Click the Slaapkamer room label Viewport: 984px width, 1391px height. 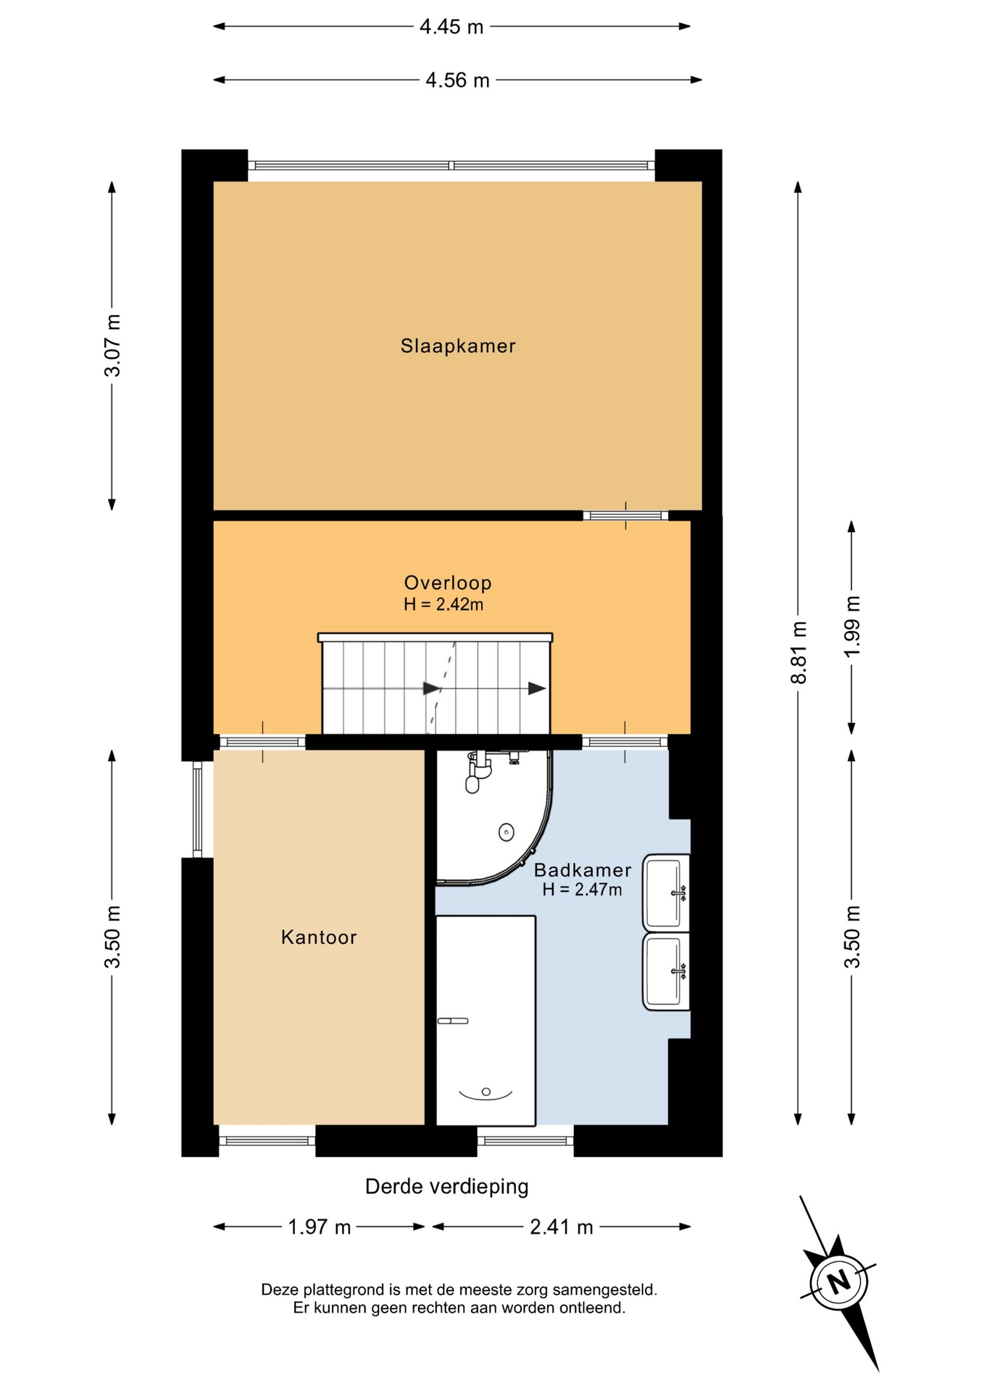(x=458, y=346)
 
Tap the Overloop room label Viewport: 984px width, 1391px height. (x=448, y=582)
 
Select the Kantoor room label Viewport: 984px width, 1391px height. (x=319, y=937)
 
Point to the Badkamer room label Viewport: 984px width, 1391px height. (x=583, y=869)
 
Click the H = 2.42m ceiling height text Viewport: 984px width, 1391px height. (x=443, y=604)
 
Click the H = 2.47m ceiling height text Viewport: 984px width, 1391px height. (x=583, y=890)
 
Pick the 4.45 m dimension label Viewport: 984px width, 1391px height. (x=451, y=27)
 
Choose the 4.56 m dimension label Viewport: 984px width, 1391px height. (x=457, y=80)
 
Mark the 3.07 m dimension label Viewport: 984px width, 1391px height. (x=112, y=346)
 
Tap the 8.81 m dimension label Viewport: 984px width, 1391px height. (x=799, y=653)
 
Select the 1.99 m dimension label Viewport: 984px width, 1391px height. (x=852, y=627)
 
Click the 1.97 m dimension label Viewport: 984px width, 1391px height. (x=320, y=1227)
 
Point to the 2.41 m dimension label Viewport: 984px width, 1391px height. (x=562, y=1227)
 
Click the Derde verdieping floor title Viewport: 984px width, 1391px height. (x=447, y=1187)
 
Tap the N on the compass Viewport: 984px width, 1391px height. (x=839, y=1282)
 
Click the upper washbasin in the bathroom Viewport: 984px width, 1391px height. (x=666, y=893)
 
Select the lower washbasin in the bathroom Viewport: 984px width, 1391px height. (x=666, y=972)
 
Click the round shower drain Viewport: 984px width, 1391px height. (x=506, y=832)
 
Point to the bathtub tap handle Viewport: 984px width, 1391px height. (x=453, y=1022)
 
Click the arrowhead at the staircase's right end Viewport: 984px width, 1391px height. (x=537, y=688)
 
